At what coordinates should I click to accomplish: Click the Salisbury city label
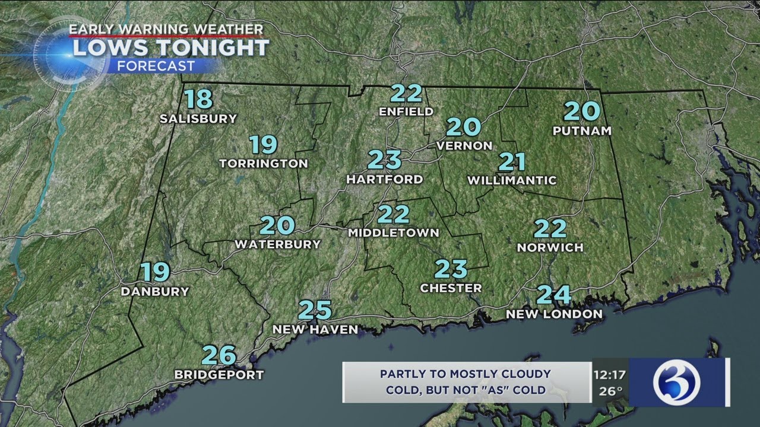198,119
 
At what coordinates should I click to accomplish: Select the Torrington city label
264,163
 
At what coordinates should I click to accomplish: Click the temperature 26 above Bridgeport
219,355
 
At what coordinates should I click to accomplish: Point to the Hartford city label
385,179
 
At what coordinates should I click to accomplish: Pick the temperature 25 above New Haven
315,310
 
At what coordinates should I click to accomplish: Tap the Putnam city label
582,131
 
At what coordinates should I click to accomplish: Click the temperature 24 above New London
554,295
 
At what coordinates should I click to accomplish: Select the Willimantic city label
512,180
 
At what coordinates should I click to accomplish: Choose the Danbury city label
155,291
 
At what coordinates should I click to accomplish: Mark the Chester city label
451,288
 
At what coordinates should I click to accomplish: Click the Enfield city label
407,111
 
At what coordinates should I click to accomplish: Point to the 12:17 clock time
609,375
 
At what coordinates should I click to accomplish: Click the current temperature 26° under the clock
610,391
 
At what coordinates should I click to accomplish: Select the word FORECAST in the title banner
156,66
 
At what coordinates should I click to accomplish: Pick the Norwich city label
550,247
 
